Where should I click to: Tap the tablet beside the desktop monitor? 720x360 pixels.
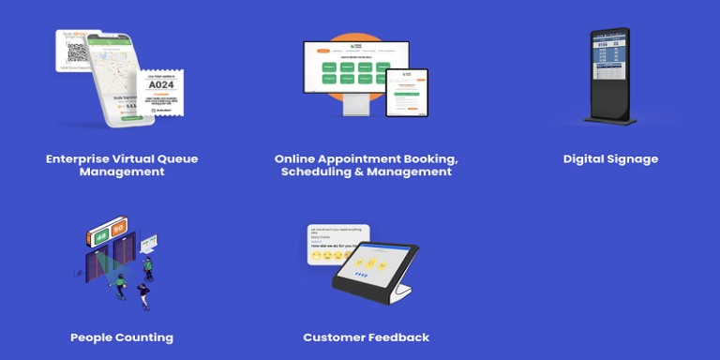408,92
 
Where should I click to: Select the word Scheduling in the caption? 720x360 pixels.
321,172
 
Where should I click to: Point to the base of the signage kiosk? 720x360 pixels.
610,120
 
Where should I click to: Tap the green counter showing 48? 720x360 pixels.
100,231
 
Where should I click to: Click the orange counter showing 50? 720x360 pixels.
118,229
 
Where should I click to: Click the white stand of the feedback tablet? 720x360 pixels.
398,292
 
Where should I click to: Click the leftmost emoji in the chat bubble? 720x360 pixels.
316,254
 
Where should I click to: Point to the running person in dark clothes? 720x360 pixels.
145,295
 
